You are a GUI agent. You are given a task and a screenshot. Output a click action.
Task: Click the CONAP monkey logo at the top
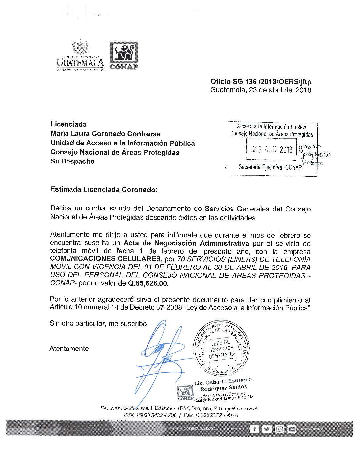(x=124, y=55)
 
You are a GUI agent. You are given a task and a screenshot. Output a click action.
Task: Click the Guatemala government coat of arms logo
(x=80, y=56)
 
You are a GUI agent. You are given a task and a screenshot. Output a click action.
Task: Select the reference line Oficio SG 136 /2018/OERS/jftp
(x=261, y=82)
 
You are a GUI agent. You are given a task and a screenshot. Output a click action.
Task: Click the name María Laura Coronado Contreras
(x=105, y=134)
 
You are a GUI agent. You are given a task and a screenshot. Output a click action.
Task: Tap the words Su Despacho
(x=72, y=162)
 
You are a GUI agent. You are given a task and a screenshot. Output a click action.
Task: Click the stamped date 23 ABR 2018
(x=272, y=150)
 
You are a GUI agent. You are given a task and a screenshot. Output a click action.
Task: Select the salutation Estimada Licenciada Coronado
(x=104, y=190)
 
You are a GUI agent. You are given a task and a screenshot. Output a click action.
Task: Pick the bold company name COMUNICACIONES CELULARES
(x=105, y=259)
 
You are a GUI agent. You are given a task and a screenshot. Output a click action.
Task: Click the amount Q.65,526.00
(x=148, y=283)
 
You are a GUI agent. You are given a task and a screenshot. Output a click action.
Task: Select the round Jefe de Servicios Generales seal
(x=221, y=348)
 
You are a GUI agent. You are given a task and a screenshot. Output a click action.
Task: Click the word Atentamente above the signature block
(x=69, y=349)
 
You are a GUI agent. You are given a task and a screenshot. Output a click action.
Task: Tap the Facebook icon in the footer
(x=254, y=429)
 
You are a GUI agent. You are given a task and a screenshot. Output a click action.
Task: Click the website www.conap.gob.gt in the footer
(x=192, y=428)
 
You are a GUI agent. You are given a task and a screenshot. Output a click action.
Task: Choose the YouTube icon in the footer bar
(x=292, y=429)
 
